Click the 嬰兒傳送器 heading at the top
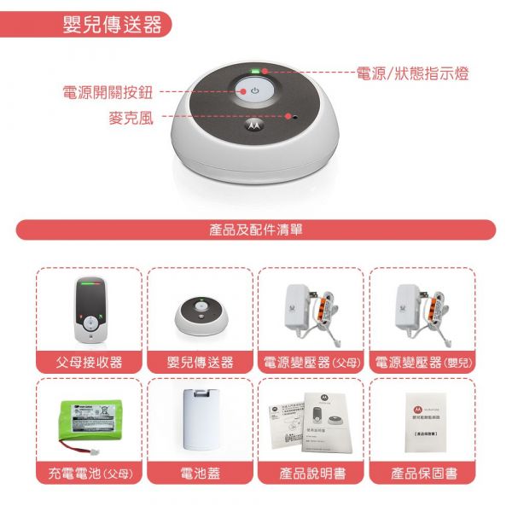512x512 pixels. click(112, 25)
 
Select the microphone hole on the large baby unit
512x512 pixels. click(293, 115)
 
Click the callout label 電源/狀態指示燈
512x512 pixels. click(412, 74)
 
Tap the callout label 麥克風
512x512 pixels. click(131, 118)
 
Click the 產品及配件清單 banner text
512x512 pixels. click(255, 230)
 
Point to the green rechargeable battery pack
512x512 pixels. click(89, 422)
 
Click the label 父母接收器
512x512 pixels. click(89, 363)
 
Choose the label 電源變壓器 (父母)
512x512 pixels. click(311, 363)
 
